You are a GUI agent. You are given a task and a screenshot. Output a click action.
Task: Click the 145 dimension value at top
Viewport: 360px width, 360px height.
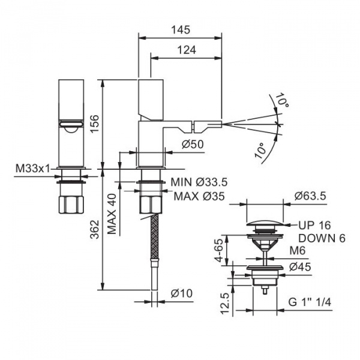[181, 30]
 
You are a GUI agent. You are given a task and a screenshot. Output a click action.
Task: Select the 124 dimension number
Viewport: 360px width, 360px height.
[187, 50]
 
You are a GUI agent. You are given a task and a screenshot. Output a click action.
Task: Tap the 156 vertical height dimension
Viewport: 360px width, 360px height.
[95, 124]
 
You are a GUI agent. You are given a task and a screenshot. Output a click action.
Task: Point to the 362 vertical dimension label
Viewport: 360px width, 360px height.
[95, 230]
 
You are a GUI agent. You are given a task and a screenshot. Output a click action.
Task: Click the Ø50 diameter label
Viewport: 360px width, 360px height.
[193, 145]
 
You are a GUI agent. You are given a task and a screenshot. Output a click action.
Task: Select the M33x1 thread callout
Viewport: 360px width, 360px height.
[33, 169]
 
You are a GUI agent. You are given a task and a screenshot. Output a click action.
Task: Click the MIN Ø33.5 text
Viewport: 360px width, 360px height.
[199, 182]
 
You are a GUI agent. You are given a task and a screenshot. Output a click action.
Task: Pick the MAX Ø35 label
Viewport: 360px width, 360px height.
[199, 196]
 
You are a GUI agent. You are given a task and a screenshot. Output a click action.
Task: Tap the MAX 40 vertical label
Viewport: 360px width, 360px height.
[112, 214]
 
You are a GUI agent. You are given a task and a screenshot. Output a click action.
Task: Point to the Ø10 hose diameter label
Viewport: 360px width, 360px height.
[182, 293]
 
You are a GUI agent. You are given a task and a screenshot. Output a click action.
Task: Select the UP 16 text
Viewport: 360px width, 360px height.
[314, 225]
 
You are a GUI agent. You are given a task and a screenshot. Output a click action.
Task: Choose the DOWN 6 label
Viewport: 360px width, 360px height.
[322, 238]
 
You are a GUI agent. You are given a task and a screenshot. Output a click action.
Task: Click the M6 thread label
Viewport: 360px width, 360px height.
[298, 250]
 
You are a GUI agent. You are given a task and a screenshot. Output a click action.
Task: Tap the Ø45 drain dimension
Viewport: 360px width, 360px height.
[300, 267]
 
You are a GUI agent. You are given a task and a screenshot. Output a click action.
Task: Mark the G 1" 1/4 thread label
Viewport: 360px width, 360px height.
[310, 302]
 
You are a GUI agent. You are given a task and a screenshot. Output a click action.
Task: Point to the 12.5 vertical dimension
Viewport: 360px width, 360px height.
[225, 303]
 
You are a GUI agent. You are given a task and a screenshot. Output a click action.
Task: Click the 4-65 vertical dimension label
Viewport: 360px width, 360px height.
[219, 250]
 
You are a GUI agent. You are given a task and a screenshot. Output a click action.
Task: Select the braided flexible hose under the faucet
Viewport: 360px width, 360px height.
[155, 236]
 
